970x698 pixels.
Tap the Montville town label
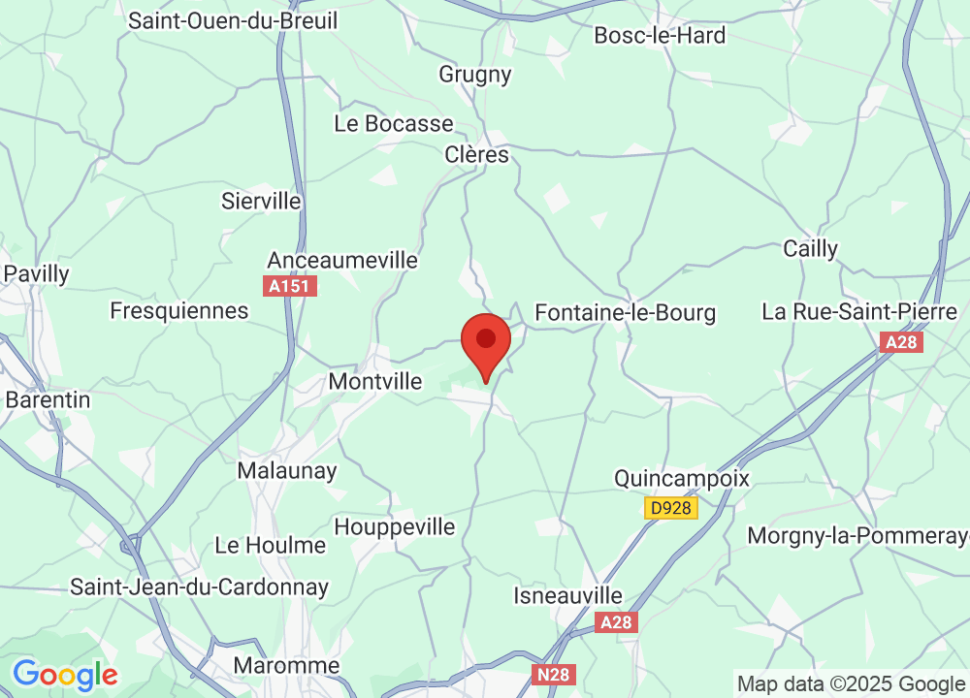coord(375,382)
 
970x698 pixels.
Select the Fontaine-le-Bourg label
coord(626,312)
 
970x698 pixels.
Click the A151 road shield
coord(291,286)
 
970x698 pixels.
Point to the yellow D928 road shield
coord(671,507)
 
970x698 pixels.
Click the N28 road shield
coord(556,674)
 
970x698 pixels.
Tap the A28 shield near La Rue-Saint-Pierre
coord(901,342)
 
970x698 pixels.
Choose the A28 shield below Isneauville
coord(617,622)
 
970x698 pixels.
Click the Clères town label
coord(476,155)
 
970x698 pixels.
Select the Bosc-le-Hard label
coord(660,36)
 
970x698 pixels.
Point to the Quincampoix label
coord(682,479)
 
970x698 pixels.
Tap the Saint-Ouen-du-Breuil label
coord(233,20)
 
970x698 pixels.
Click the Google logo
coord(65,674)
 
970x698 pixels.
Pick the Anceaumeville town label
coord(342,261)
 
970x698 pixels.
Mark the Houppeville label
coord(395,527)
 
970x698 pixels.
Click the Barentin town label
coord(48,399)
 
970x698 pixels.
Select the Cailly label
coord(810,249)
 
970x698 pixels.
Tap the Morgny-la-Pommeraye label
coord(857,536)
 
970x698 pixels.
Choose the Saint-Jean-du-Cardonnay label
coord(200,587)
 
